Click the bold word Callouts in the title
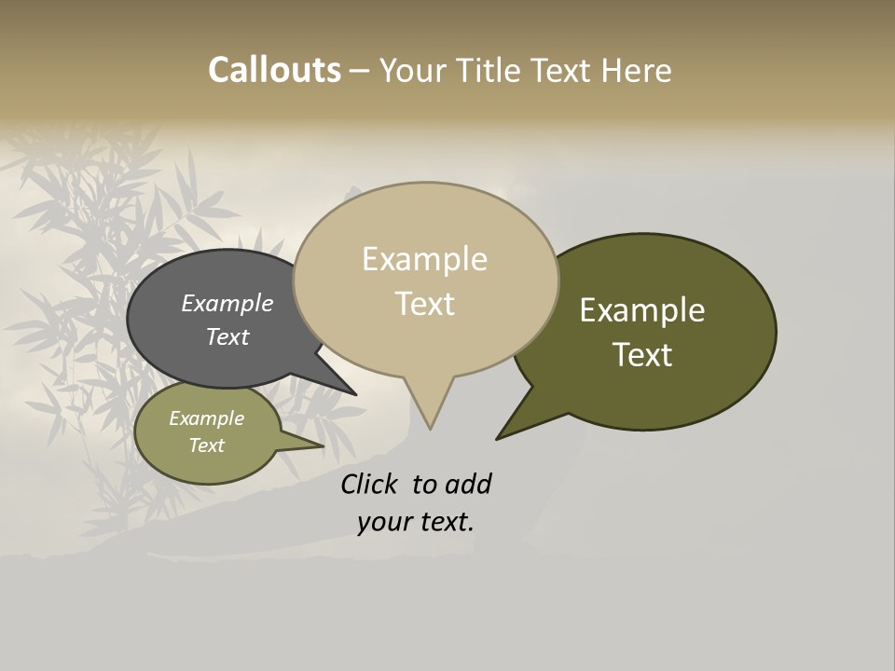pyautogui.click(x=274, y=71)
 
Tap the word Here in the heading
pyautogui.click(x=636, y=71)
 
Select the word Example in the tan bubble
pyautogui.click(x=424, y=259)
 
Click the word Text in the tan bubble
pyautogui.click(x=424, y=304)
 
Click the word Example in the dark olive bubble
pyautogui.click(x=642, y=310)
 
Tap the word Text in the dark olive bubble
pyautogui.click(x=642, y=355)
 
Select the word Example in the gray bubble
pyautogui.click(x=227, y=304)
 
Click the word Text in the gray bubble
pyautogui.click(x=227, y=337)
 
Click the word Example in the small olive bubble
pyautogui.click(x=207, y=419)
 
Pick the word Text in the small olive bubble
pyautogui.click(x=207, y=445)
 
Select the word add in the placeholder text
pyautogui.click(x=468, y=485)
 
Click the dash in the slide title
pyautogui.click(x=359, y=71)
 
